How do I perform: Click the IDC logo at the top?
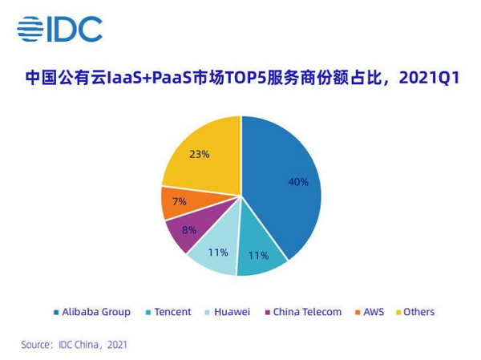pyautogui.click(x=60, y=29)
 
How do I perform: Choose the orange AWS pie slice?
pyautogui.click(x=178, y=202)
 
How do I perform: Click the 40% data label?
pyautogui.click(x=298, y=182)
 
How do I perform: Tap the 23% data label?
pyautogui.click(x=200, y=154)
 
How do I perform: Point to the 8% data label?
pyautogui.click(x=188, y=230)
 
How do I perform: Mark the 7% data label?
pyautogui.click(x=179, y=201)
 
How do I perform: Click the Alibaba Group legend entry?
pyautogui.click(x=91, y=312)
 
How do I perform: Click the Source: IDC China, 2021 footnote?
pyautogui.click(x=74, y=345)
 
